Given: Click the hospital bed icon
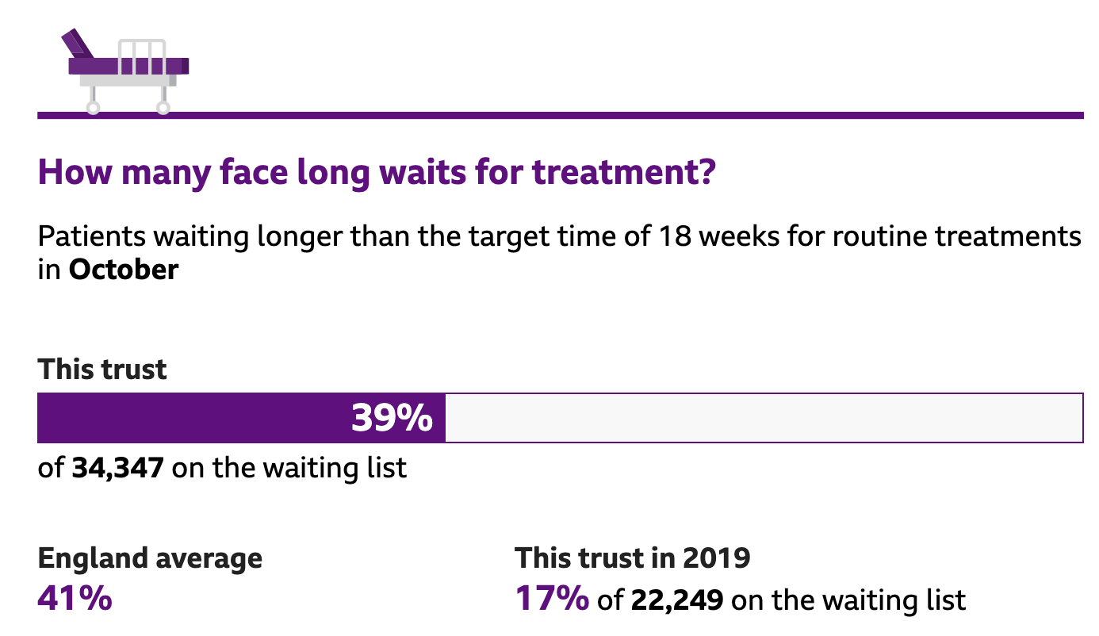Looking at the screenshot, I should [x=127, y=70].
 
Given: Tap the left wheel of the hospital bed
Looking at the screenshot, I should [x=93, y=107].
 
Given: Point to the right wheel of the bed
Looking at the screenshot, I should [x=163, y=107].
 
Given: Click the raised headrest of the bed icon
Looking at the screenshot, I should [x=78, y=43].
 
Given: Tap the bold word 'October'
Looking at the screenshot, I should [x=124, y=270].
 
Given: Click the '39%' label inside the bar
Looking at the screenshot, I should [x=392, y=418].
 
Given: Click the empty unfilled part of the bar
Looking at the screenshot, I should [x=761, y=418].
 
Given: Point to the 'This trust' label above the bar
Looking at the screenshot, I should [x=102, y=370].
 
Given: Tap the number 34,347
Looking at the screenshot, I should [x=118, y=468].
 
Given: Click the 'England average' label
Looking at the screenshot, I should [x=150, y=558].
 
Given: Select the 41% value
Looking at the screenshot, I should [x=75, y=598].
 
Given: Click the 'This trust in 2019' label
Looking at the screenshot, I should [x=633, y=558].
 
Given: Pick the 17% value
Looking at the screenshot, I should [x=552, y=599].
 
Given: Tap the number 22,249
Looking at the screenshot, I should [x=677, y=600].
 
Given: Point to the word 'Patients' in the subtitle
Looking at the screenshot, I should [x=90, y=237].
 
